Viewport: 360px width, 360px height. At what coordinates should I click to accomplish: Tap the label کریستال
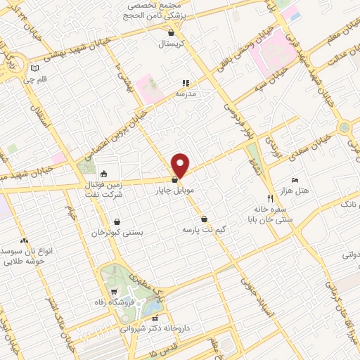click(x=171, y=44)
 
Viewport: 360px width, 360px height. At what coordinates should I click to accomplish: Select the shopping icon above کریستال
click(x=171, y=32)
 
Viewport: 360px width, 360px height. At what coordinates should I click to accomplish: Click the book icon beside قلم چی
click(x=34, y=68)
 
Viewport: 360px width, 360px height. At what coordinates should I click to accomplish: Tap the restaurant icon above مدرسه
click(x=186, y=82)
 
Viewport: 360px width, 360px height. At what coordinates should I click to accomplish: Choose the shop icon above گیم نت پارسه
click(x=204, y=218)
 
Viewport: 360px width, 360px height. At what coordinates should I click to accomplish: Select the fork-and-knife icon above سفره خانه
click(x=270, y=198)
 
